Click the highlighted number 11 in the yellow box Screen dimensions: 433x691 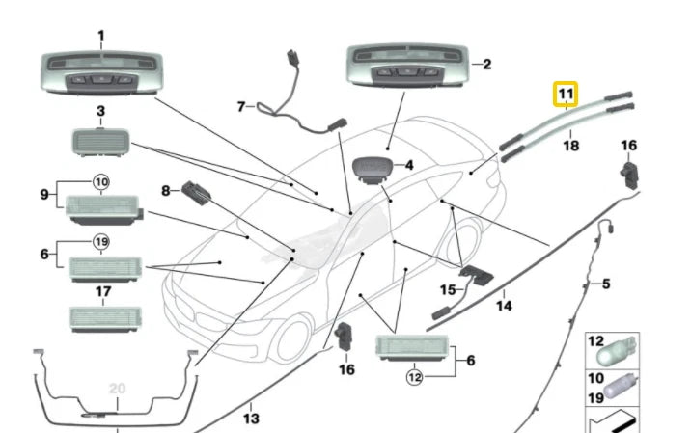564,95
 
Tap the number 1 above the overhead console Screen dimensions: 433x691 100,36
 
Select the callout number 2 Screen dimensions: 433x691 486,65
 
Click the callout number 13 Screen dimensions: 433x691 251,419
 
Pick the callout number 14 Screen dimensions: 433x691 503,307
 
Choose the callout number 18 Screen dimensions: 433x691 570,148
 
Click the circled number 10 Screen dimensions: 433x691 100,179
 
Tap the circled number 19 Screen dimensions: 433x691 100,241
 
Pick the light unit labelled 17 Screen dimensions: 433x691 99,318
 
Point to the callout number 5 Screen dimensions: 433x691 606,284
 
